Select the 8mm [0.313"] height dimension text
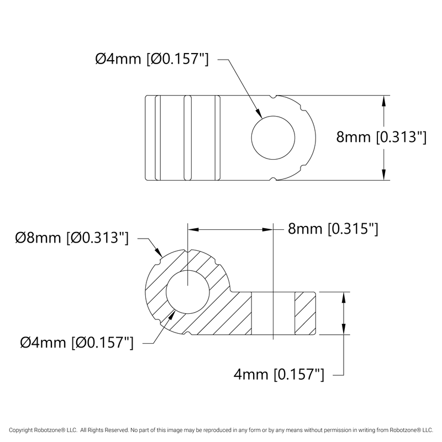coord(381,138)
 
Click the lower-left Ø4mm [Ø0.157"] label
coord(77,343)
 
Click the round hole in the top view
coord(272,138)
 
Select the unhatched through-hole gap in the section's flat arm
coord(273,313)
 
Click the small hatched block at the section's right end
coord(305,313)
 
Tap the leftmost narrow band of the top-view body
coord(150,138)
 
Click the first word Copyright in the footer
coord(21,429)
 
